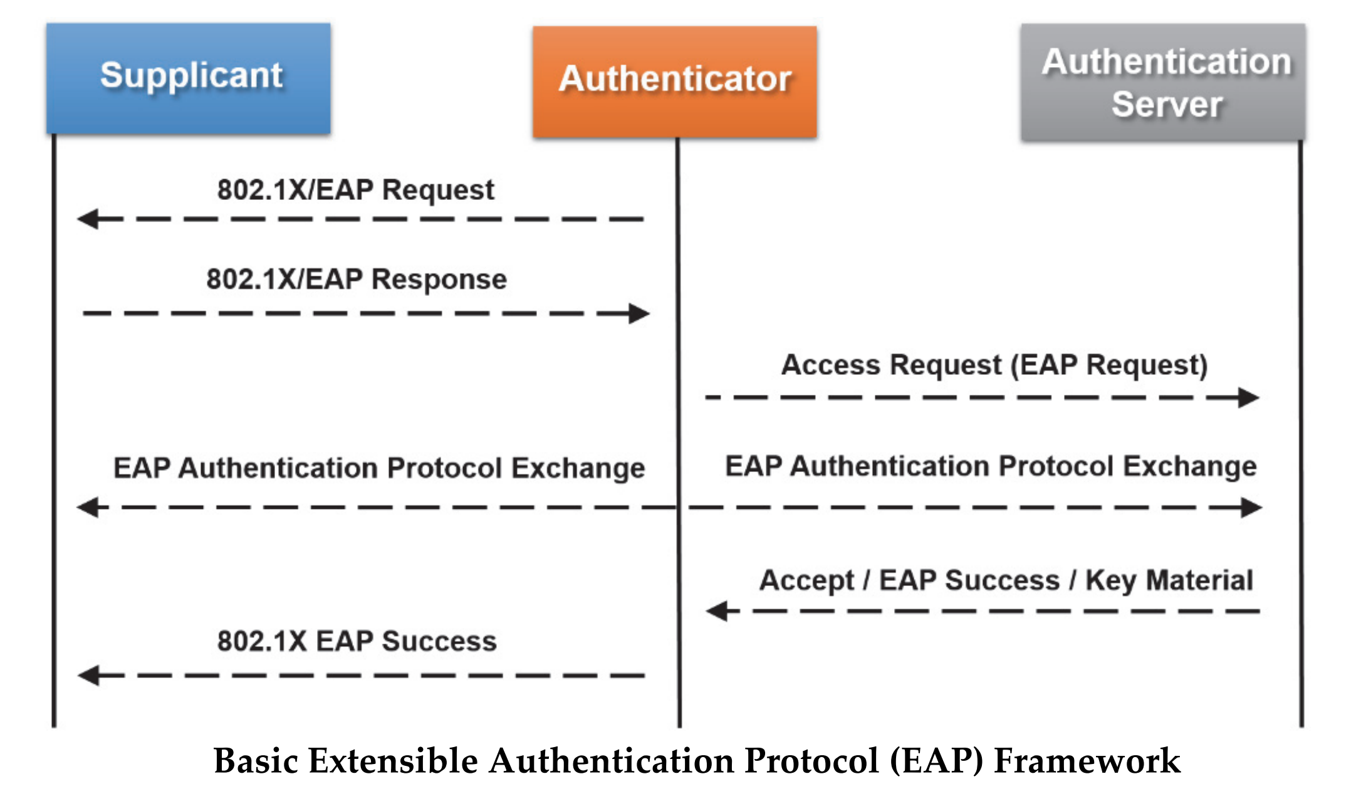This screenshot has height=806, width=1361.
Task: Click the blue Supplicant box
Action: click(188, 78)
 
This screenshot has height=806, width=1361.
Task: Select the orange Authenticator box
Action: click(675, 81)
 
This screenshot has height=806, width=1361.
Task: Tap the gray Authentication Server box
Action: click(1163, 82)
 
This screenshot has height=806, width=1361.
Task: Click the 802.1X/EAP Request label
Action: click(355, 189)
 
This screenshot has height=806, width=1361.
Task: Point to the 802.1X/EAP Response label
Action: click(357, 279)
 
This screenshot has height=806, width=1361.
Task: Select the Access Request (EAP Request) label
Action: click(994, 365)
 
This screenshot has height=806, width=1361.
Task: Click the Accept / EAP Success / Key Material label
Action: click(1006, 580)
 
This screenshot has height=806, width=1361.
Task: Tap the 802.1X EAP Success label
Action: click(357, 641)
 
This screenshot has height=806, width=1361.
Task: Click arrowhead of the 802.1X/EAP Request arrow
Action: click(90, 219)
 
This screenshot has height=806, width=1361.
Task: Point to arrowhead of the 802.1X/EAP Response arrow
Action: click(638, 313)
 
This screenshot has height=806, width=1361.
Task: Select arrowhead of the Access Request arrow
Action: click(1247, 397)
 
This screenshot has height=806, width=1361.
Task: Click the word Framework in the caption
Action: click(1087, 762)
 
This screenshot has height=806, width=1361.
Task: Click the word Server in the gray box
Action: click(1167, 104)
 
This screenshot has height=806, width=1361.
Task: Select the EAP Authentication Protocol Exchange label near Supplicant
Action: click(379, 468)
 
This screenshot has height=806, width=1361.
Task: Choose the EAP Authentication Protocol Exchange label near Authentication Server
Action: click(991, 466)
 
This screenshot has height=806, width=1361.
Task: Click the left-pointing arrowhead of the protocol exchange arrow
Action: click(90, 507)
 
